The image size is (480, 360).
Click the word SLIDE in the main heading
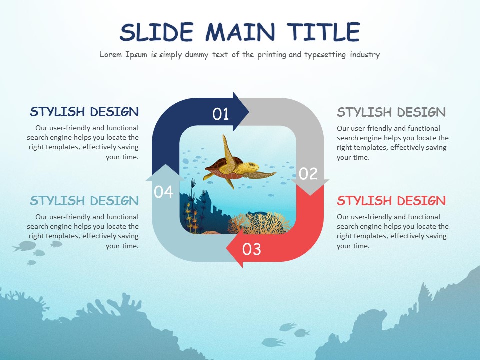point(156,32)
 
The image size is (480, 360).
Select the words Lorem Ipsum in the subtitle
point(123,55)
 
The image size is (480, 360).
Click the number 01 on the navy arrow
point(221,114)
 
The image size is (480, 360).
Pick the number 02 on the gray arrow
point(308,173)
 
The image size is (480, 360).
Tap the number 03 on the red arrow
point(251,249)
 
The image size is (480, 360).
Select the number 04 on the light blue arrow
point(163,191)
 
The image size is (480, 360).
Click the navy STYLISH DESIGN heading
point(84,111)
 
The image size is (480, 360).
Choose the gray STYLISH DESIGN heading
point(391,111)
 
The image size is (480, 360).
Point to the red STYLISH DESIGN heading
point(391,201)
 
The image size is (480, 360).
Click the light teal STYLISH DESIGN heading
point(84,201)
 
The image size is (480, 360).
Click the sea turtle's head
point(252,166)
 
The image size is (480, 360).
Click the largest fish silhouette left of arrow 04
point(24,246)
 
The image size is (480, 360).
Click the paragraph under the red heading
point(392,231)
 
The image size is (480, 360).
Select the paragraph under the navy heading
point(83,142)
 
